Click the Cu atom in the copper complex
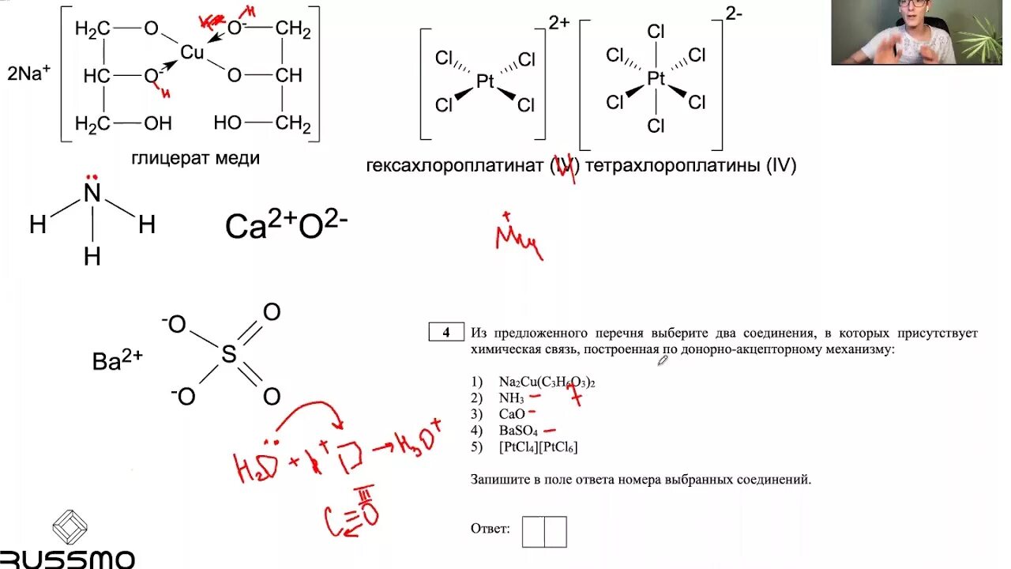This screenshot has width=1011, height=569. pos(192,53)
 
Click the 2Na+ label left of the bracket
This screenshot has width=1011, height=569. pos(29,74)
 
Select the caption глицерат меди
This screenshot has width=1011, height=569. pos(196,158)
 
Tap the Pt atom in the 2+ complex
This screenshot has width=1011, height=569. pos(485,81)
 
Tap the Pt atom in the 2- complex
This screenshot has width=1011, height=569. pos(656,78)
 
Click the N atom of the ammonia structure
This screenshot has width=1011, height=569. pos(92,194)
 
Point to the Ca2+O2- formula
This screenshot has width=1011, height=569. pos(286,226)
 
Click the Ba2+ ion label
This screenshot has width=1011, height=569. pos(118,361)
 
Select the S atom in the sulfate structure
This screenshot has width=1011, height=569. pos(228,355)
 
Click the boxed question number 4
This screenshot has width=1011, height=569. pos(446,333)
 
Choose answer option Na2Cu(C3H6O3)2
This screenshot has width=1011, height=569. pos(547,382)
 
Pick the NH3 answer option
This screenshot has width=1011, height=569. pos(511,398)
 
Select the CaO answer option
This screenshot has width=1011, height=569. pos(511,414)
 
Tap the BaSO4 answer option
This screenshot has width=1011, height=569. pos(518,431)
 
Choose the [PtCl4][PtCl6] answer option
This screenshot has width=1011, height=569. pos(538,447)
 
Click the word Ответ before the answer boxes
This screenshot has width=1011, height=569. pos(490,528)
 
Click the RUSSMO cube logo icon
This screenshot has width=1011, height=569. pos(70,527)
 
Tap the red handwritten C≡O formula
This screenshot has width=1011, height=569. pos(352,514)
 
